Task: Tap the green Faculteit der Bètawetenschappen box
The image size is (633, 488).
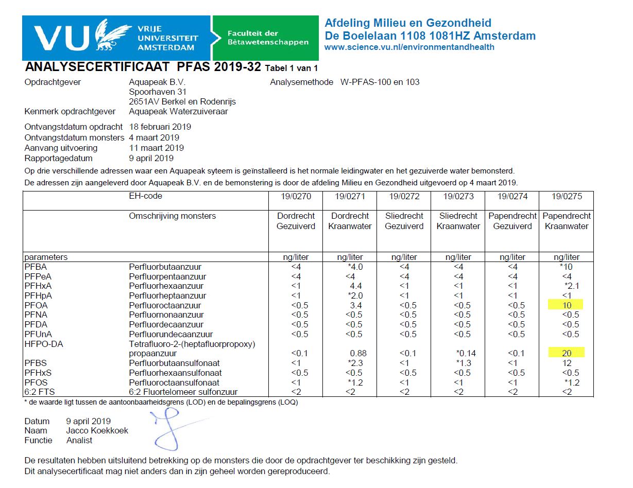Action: coord(265,38)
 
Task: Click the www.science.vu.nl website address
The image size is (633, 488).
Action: coord(409,47)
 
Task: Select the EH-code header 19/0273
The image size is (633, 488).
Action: coord(458,196)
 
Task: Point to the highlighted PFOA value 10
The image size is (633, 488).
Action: coord(566,305)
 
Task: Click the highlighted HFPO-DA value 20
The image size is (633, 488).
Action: coord(566,353)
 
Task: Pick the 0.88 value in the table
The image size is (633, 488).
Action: coord(358,354)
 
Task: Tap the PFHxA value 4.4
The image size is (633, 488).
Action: coord(355,286)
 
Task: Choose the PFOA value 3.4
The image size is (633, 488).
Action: coord(355,305)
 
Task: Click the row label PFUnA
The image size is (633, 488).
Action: coord(38,334)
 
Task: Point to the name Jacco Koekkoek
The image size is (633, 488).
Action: coord(97,430)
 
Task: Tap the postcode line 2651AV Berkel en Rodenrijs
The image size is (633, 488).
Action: coord(182,101)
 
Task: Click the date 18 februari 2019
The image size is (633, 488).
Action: coord(160,127)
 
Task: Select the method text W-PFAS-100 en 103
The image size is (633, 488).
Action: coord(380,82)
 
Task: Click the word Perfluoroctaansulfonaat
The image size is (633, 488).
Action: coord(174,382)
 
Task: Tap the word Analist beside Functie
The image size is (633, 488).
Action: coord(79,440)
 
